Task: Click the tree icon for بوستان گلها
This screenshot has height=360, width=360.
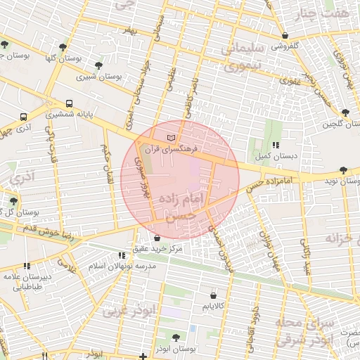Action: click(63, 47)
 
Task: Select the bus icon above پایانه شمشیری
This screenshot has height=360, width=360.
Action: click(69, 103)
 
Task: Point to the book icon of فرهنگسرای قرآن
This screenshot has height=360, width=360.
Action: click(172, 139)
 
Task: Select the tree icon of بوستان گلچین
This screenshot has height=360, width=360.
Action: click(345, 112)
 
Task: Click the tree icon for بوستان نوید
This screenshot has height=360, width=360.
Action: click(342, 170)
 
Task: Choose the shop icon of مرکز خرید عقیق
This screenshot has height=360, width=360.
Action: click(156, 239)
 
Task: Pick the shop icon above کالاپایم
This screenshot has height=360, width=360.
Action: click(212, 295)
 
